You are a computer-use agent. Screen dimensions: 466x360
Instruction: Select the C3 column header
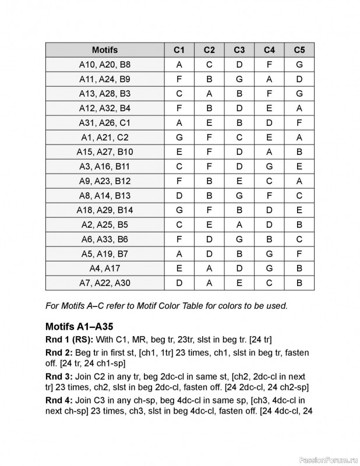(x=239, y=50)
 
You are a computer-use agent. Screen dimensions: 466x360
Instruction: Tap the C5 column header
(x=299, y=50)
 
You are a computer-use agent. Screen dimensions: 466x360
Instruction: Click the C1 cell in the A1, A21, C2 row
(x=179, y=137)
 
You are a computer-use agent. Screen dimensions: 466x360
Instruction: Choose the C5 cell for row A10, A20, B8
(x=299, y=64)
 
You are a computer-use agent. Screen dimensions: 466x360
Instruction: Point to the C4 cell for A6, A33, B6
(x=270, y=239)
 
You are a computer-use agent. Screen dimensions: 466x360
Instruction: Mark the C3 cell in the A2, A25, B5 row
(x=239, y=224)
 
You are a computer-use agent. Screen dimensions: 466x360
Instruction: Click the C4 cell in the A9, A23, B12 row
(x=270, y=181)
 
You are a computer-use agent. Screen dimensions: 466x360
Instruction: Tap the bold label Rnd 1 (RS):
(x=68, y=339)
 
